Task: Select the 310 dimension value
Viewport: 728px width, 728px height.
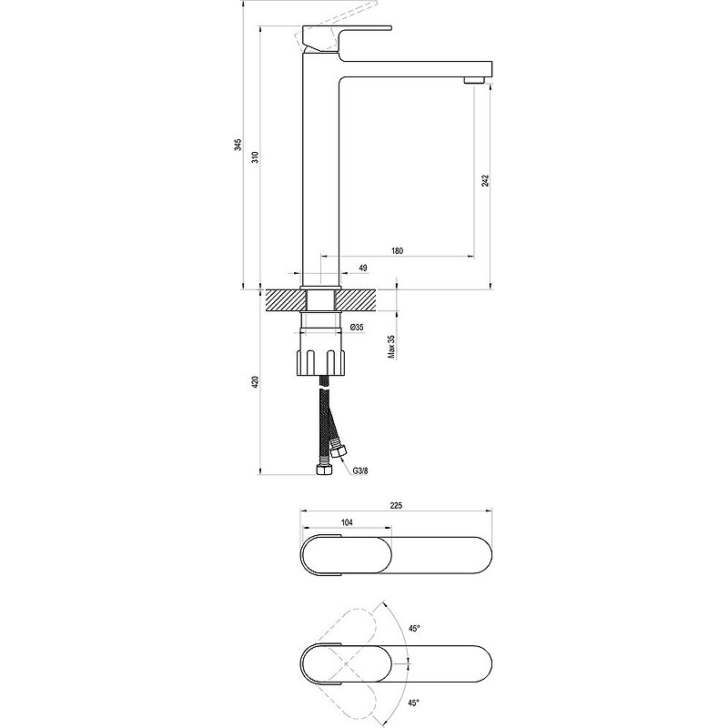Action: (x=257, y=156)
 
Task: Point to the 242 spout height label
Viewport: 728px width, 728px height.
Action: (x=487, y=181)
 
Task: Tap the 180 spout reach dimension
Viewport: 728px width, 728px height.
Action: (x=397, y=250)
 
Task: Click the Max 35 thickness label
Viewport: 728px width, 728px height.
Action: (x=391, y=348)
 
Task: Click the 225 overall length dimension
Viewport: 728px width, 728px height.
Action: (x=395, y=505)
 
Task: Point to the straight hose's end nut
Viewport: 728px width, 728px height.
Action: (x=322, y=470)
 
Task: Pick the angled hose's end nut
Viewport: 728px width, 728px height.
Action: (x=340, y=450)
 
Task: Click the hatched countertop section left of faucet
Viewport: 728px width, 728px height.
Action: (x=281, y=300)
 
